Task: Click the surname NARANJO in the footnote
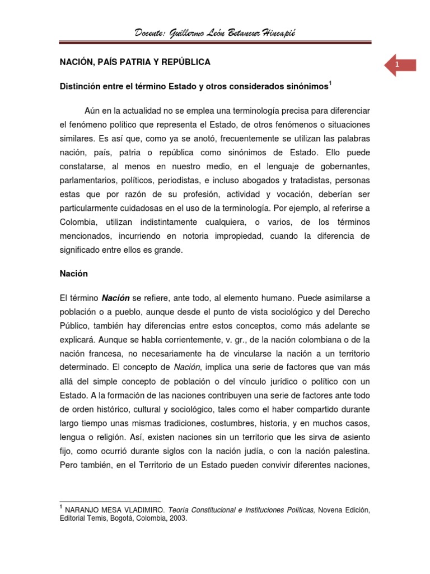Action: [83, 510]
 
